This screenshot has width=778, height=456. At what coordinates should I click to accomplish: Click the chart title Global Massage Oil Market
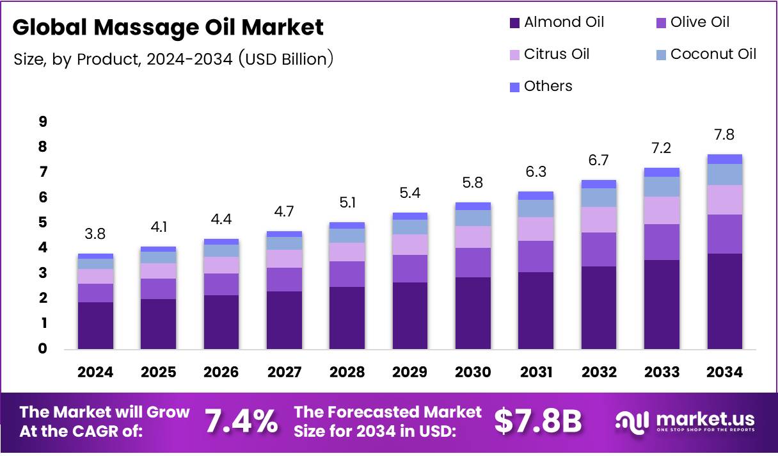click(x=168, y=28)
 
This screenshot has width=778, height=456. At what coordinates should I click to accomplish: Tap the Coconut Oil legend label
click(x=713, y=54)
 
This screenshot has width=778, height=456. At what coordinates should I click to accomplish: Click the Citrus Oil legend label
click(x=557, y=54)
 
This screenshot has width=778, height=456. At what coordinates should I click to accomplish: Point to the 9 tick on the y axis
click(x=43, y=122)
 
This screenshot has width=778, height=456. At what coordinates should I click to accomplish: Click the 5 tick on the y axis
click(x=43, y=222)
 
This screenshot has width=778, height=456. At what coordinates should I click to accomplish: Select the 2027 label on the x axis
click(x=285, y=373)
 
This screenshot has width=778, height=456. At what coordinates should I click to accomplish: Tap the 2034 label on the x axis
click(x=724, y=373)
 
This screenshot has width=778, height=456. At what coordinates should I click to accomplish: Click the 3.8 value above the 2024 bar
click(x=95, y=234)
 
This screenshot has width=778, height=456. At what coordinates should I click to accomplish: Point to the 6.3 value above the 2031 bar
click(x=536, y=172)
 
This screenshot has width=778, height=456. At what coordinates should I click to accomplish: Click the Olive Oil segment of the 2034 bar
click(x=724, y=234)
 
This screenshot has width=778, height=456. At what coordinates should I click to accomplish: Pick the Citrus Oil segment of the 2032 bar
click(x=599, y=220)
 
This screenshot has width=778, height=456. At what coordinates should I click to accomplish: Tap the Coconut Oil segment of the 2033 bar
click(x=662, y=186)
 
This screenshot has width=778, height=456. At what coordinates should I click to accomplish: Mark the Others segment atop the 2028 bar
click(x=347, y=225)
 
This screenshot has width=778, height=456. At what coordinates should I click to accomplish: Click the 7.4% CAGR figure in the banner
click(x=241, y=421)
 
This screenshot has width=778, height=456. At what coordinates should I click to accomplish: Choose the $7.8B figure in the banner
click(x=538, y=421)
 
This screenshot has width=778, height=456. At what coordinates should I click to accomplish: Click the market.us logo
click(x=685, y=421)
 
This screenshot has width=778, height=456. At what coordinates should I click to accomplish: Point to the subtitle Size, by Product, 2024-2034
click(x=173, y=59)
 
